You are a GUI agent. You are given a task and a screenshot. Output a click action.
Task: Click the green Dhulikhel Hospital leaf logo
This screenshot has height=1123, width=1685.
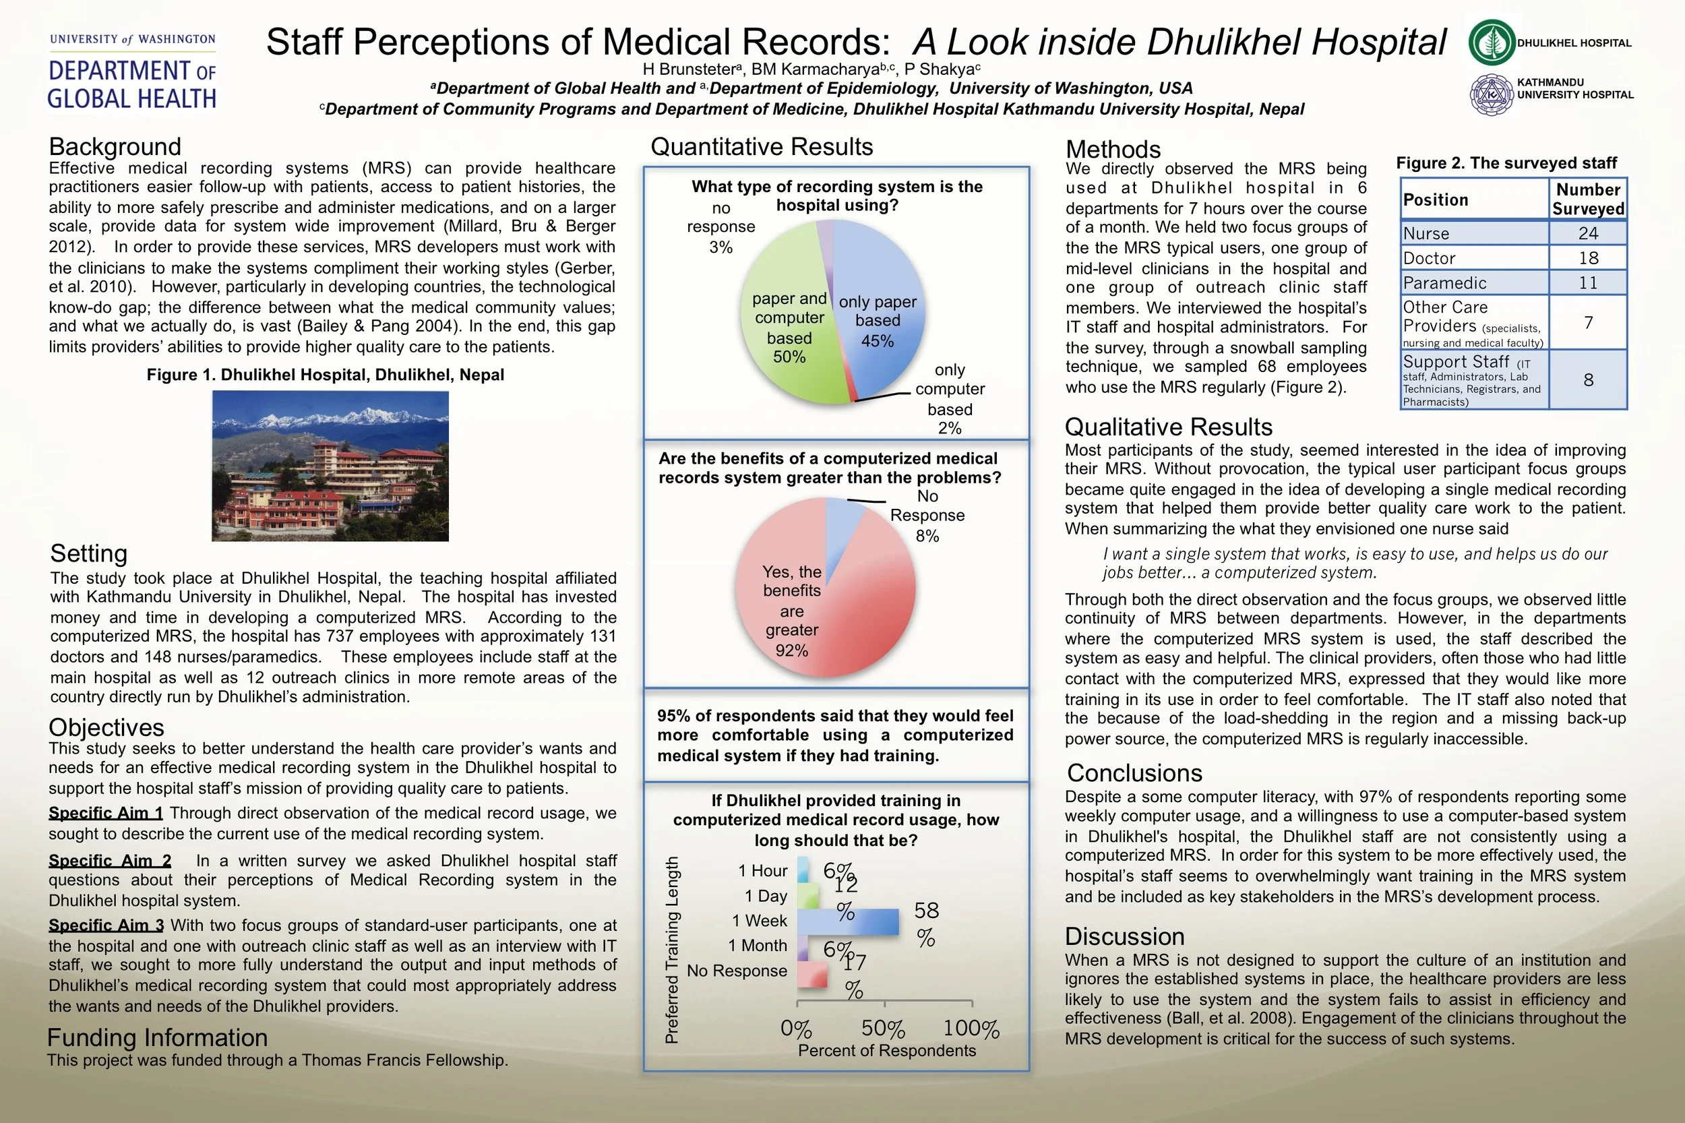1492,42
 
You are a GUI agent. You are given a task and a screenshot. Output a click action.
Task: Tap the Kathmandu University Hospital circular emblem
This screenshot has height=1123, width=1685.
1492,94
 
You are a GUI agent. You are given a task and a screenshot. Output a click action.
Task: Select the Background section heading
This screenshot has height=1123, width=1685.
115,147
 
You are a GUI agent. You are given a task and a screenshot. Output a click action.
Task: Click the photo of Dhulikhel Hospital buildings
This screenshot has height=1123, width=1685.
330,466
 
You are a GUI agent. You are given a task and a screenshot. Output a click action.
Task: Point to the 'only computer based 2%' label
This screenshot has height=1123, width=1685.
950,399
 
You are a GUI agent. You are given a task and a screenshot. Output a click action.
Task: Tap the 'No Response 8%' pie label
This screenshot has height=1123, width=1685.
927,516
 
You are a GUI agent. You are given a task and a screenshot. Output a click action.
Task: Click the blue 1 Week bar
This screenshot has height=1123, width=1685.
848,921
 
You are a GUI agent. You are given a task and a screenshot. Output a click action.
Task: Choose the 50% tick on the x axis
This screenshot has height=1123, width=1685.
884,1029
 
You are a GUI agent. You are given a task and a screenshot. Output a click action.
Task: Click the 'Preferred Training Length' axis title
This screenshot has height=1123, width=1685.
671,950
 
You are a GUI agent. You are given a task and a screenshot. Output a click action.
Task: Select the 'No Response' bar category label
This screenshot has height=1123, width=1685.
736,971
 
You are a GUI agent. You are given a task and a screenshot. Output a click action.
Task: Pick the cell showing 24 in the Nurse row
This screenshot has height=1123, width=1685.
1588,233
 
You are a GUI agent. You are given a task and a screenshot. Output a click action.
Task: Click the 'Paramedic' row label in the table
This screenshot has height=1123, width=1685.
1444,283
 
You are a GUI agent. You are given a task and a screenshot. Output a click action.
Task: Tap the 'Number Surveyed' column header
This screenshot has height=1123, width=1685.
1588,199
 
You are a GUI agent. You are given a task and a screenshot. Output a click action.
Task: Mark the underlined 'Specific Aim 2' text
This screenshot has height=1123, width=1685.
110,861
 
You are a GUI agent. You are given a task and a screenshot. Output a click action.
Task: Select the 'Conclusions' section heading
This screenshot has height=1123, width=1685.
1134,772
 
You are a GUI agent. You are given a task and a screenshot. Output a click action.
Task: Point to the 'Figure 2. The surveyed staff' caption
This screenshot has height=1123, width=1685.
1506,163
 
